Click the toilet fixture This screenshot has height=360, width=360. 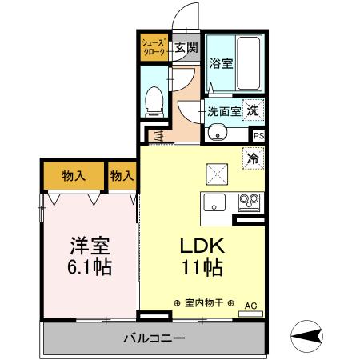[x=156, y=99]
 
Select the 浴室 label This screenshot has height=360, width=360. [x=222, y=63]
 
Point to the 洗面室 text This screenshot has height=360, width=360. [x=223, y=111]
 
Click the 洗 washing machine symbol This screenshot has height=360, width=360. [x=253, y=110]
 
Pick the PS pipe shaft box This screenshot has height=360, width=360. [x=258, y=136]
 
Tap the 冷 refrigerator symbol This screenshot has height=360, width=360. [x=253, y=158]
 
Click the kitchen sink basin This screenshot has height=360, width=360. [x=215, y=201]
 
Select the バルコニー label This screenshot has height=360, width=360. [x=154, y=338]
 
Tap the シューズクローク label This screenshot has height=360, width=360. [x=153, y=46]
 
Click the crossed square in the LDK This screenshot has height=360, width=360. [x=218, y=173]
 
